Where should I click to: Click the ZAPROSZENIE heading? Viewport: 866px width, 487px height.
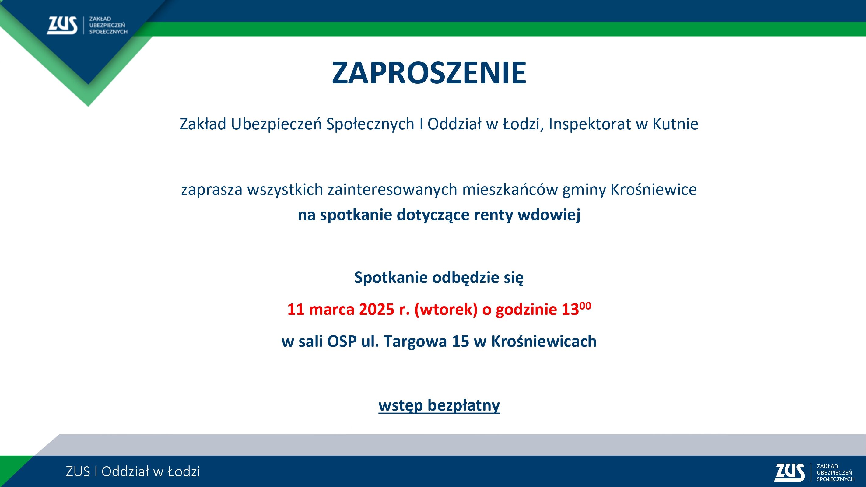point(429,73)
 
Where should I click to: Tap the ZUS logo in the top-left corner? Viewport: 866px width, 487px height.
point(87,25)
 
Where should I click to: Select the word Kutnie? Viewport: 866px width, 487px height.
point(675,124)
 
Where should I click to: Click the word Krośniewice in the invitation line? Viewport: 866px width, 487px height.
point(654,190)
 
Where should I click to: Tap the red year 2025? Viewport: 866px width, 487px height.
point(377,309)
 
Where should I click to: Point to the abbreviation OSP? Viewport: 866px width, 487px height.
point(342,342)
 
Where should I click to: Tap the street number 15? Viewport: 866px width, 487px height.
point(460,342)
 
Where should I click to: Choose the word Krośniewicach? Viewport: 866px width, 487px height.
point(544,342)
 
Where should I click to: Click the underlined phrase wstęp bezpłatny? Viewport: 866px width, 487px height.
point(439,406)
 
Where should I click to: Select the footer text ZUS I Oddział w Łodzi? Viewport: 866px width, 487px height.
point(133,471)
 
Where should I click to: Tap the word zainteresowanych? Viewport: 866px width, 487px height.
point(393,190)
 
